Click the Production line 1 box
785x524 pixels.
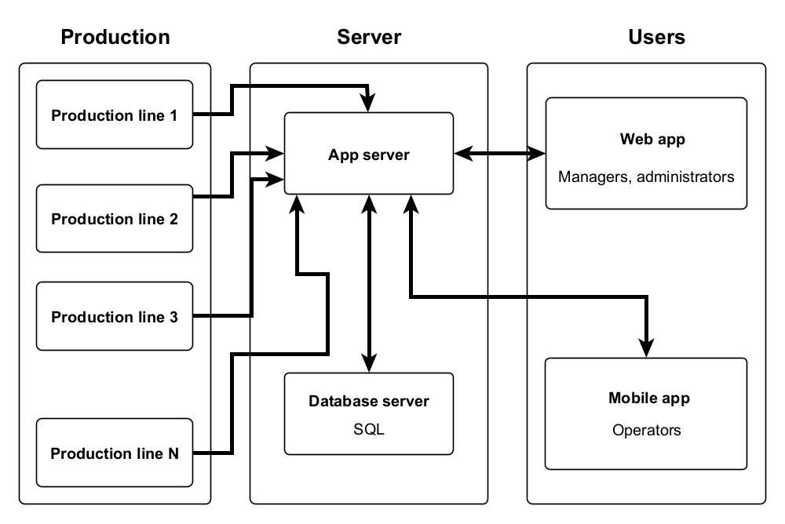tap(115, 115)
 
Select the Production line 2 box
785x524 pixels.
tap(115, 219)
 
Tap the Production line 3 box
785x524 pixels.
tap(115, 317)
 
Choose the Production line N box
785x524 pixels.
tap(115, 453)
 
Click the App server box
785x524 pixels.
tap(368, 154)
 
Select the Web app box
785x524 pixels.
tap(646, 154)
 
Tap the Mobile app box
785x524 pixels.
tap(646, 413)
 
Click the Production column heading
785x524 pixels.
tap(115, 37)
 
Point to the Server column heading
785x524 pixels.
tap(369, 37)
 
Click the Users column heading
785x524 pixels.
tap(656, 37)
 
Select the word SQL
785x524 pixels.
tap(369, 430)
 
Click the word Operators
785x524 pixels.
tap(647, 430)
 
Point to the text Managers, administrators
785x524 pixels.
tap(646, 176)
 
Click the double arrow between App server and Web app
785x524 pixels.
tap(499, 154)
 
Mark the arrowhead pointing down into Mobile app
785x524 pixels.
tap(647, 347)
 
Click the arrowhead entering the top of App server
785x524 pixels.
tap(369, 103)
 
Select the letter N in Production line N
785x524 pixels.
tap(173, 453)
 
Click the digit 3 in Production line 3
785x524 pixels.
tap(173, 317)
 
